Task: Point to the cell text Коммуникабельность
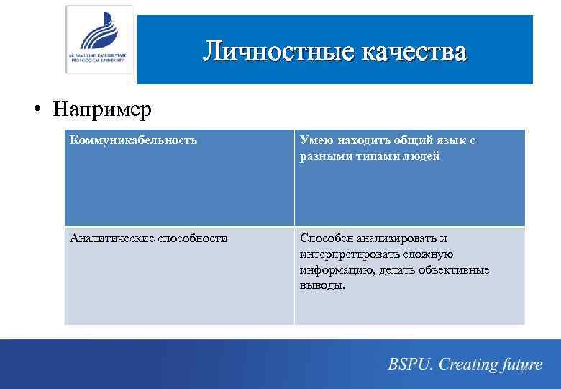click(x=133, y=140)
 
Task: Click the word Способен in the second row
click(x=325, y=238)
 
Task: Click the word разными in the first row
click(x=323, y=156)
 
